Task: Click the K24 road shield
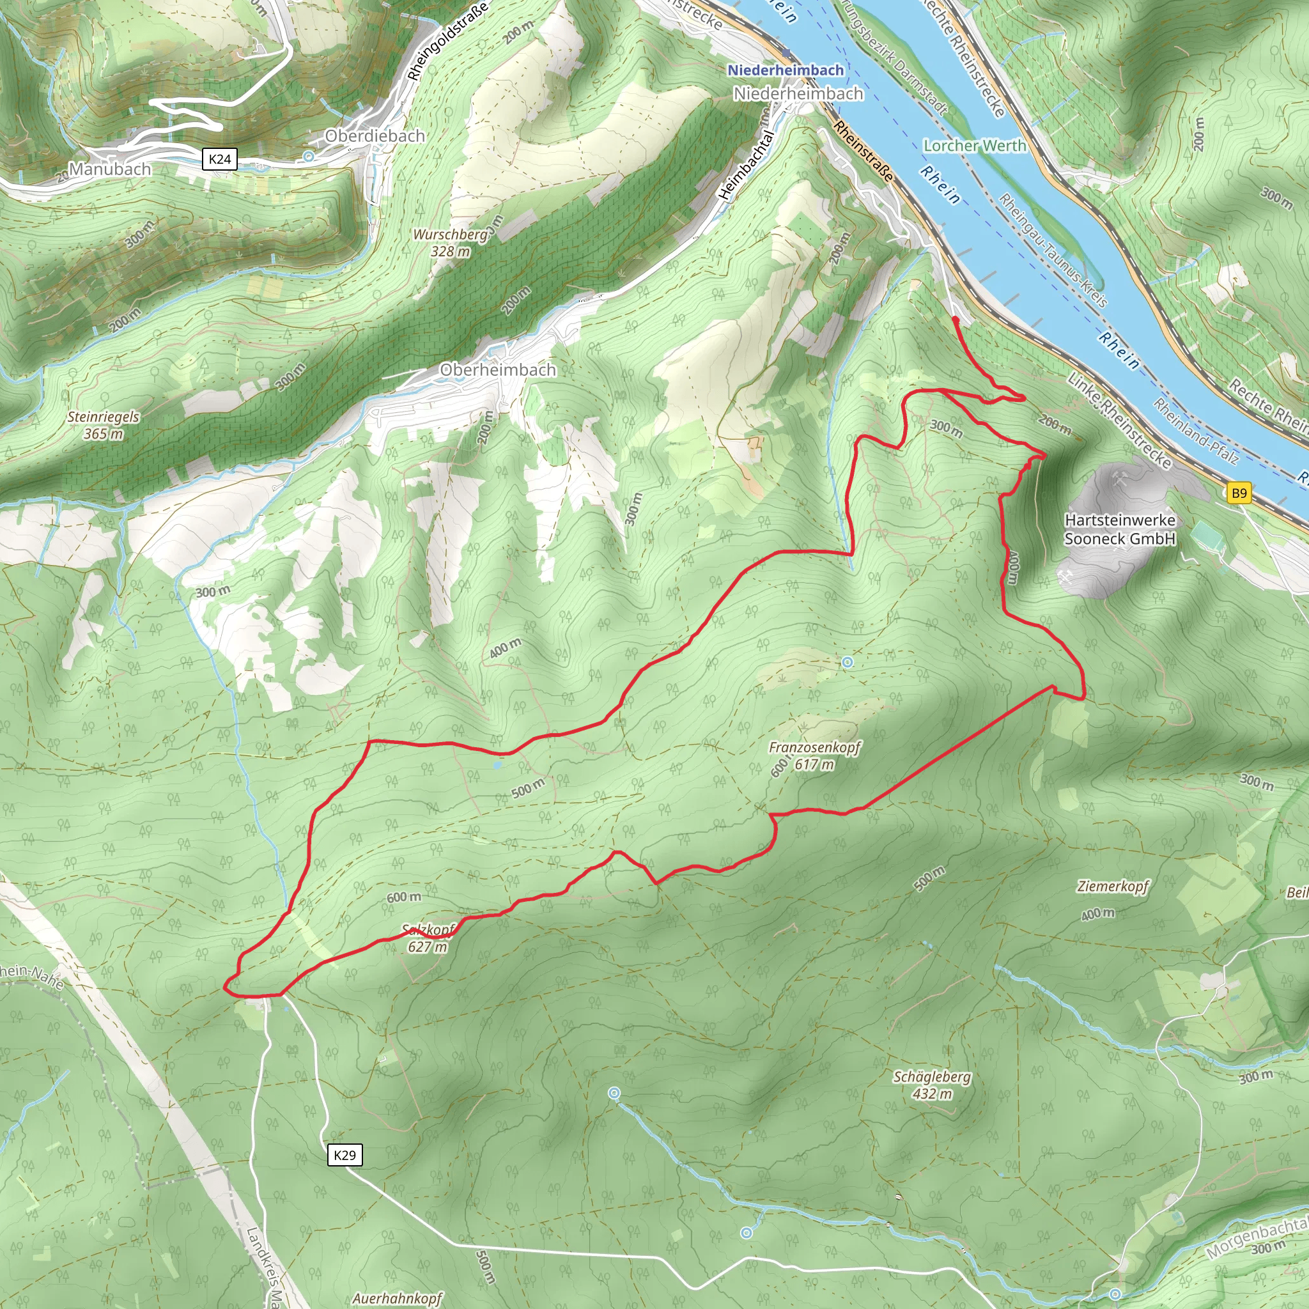[x=219, y=159]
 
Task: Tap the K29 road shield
[x=345, y=1155]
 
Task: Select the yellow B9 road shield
[x=1239, y=493]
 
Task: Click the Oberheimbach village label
[x=497, y=370]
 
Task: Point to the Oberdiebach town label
[x=375, y=136]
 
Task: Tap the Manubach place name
[x=110, y=169]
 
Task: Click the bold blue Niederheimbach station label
[x=786, y=70]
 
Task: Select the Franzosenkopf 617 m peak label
[x=814, y=755]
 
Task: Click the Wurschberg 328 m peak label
[x=451, y=242]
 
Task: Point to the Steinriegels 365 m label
[x=103, y=425]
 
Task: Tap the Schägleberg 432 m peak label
[x=932, y=1085]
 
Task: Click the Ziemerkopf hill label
[x=1113, y=887]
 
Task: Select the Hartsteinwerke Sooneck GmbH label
[x=1119, y=529]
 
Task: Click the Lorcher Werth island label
[x=974, y=146]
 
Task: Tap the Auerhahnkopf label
[x=397, y=1298]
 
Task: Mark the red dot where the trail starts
[x=956, y=318]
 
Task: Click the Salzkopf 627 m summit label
[x=428, y=938]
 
